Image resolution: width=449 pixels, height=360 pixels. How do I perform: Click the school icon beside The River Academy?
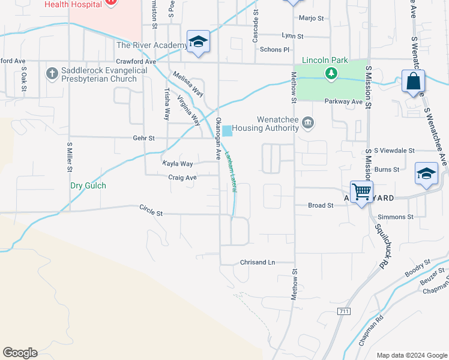(x=198, y=41)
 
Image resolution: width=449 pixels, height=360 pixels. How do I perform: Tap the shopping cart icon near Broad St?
(x=361, y=192)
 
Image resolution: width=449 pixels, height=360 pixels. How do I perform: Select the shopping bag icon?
(x=414, y=81)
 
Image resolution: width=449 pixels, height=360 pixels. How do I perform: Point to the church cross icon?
(x=52, y=74)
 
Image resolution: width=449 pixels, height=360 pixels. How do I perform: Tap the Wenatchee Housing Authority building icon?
(x=308, y=123)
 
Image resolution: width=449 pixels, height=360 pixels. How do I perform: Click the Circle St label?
(x=151, y=210)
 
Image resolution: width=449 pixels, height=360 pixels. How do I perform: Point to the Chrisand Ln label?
(x=257, y=262)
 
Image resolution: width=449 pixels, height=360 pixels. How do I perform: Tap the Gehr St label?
(x=143, y=138)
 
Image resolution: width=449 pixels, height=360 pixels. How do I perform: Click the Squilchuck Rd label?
(x=382, y=246)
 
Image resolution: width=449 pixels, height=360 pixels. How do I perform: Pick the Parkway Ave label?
(x=344, y=102)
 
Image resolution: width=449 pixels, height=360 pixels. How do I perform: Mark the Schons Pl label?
(x=274, y=50)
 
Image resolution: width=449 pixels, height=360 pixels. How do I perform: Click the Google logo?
(x=20, y=353)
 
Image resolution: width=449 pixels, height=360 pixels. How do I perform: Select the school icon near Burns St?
(x=426, y=174)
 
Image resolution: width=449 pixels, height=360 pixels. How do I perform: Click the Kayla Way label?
(x=178, y=164)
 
